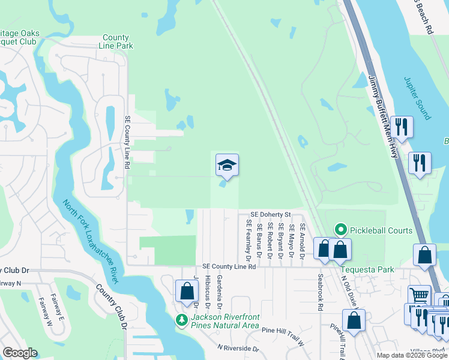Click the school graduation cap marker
click(228, 165)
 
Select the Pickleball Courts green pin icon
click(341, 230)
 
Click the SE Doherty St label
click(271, 214)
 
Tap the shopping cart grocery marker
click(418, 295)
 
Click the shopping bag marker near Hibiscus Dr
click(186, 292)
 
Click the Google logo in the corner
click(20, 353)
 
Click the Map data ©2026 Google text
click(412, 355)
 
